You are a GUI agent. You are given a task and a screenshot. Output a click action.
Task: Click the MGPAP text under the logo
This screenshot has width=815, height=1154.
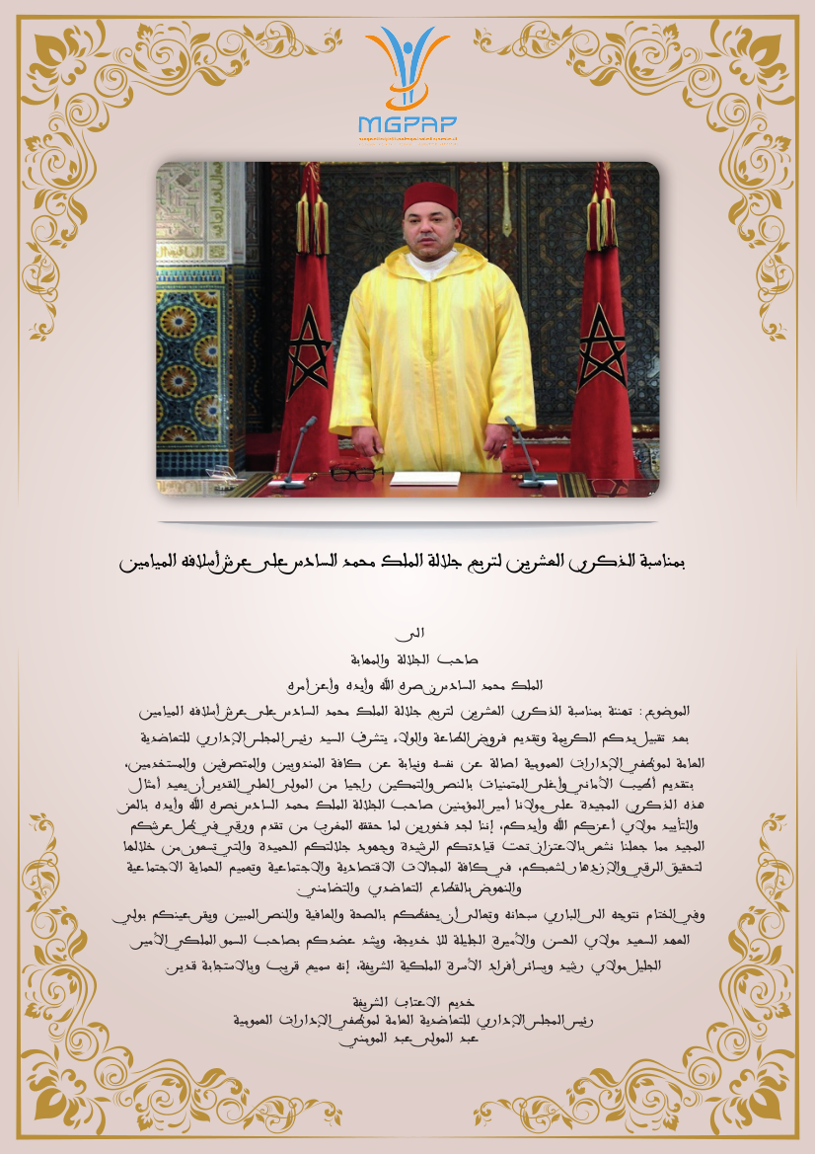407,123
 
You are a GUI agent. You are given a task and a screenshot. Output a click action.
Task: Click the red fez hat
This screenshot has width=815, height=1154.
431,197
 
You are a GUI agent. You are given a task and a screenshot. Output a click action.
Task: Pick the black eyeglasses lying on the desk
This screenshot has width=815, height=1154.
356,473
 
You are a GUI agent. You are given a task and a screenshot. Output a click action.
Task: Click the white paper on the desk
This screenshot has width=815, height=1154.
425,478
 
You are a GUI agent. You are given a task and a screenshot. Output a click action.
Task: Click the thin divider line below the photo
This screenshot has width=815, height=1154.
407,522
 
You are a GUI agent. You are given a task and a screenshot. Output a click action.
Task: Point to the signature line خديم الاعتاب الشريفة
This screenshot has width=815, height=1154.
407,1000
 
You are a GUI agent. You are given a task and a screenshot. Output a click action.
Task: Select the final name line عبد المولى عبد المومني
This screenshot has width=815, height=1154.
407,1039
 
